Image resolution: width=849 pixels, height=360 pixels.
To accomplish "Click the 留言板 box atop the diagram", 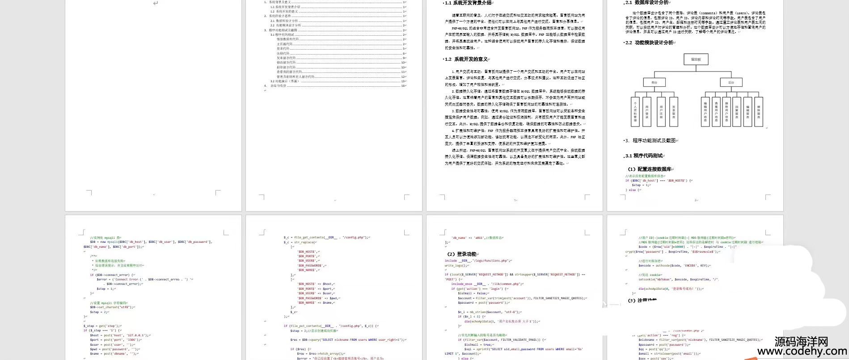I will pos(696,59).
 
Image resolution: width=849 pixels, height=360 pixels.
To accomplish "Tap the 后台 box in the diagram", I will pos(731,82).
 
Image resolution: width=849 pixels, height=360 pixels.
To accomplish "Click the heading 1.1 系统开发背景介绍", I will pos(469,3).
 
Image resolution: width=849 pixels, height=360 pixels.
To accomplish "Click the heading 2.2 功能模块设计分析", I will pos(651,43).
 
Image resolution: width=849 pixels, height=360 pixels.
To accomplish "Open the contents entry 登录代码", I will pos(283,49).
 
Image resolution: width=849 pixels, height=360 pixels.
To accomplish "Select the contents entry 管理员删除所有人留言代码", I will pos(295,76).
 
